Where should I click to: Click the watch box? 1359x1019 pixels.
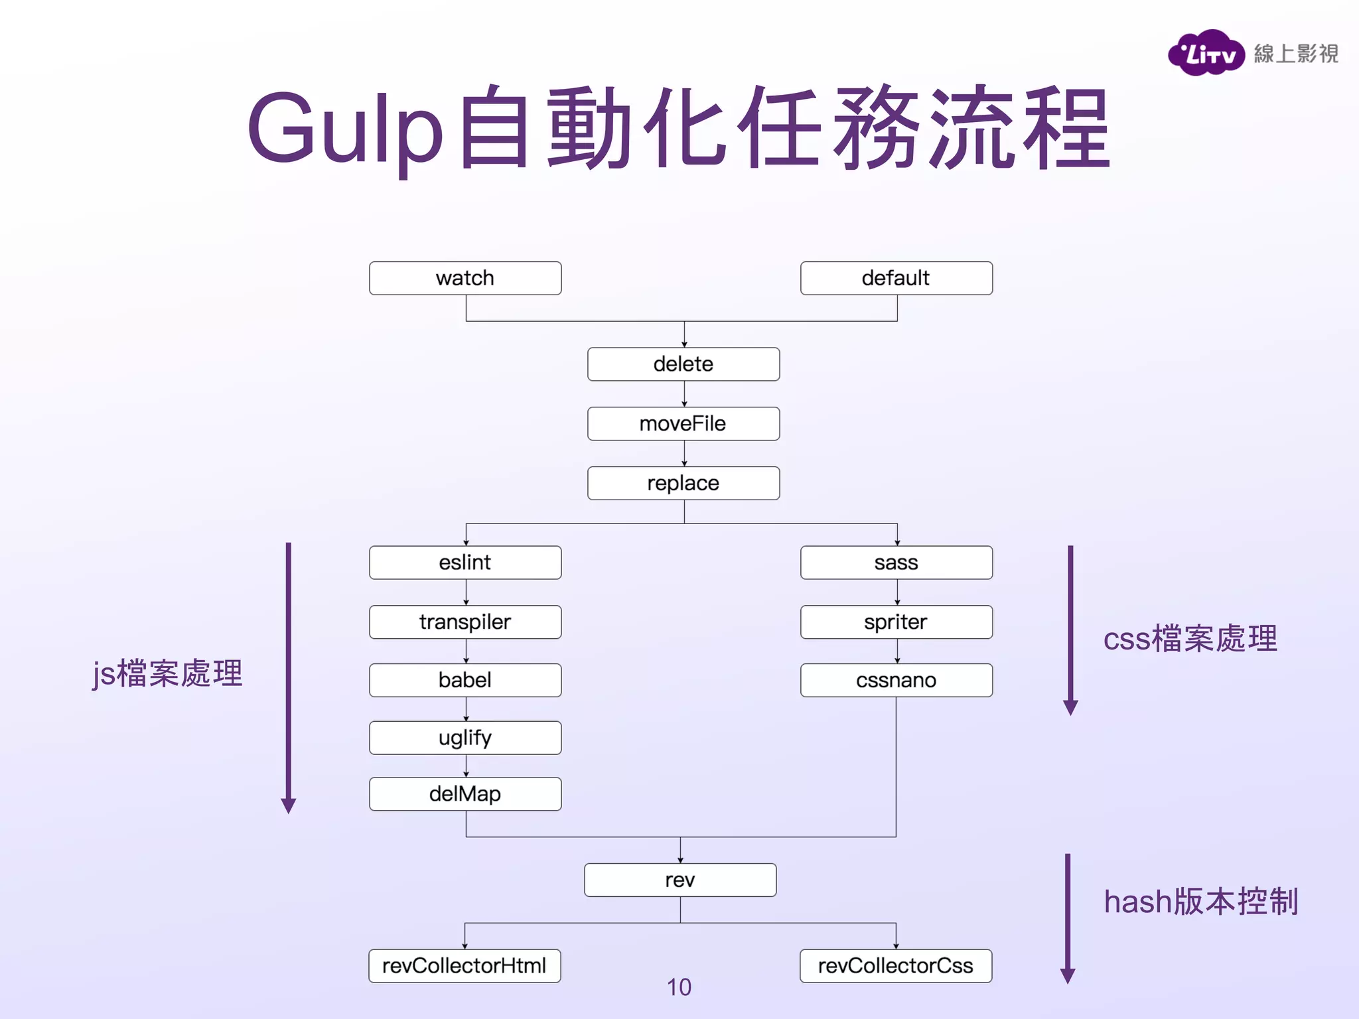pyautogui.click(x=465, y=278)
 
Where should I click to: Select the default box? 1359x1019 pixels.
pyautogui.click(x=896, y=278)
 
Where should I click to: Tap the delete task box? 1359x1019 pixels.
pyautogui.click(x=683, y=364)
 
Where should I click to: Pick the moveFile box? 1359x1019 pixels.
pyautogui.click(x=683, y=424)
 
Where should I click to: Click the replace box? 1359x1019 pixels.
pyautogui.click(x=683, y=483)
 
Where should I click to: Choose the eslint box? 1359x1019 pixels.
pyautogui.click(x=465, y=563)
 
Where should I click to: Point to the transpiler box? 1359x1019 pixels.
pyautogui.click(x=465, y=622)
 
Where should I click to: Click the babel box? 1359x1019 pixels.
pyautogui.click(x=465, y=680)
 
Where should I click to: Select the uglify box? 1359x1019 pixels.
pyautogui.click(x=465, y=738)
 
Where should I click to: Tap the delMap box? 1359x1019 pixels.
pyautogui.click(x=465, y=794)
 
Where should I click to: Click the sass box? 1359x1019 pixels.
pyautogui.click(x=896, y=563)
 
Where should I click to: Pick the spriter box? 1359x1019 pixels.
pyautogui.click(x=896, y=622)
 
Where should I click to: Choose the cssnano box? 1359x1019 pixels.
pyautogui.click(x=896, y=680)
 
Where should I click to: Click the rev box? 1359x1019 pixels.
pyautogui.click(x=680, y=880)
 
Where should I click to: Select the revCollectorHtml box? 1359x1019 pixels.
pyautogui.click(x=465, y=966)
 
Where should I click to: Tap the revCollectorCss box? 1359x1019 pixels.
pyautogui.click(x=896, y=966)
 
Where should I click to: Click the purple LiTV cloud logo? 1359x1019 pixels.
pyautogui.click(x=1206, y=53)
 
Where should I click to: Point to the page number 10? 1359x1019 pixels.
pyautogui.click(x=679, y=987)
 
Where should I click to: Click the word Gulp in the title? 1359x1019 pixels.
pyautogui.click(x=345, y=129)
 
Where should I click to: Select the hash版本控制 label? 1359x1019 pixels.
pyautogui.click(x=1200, y=902)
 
